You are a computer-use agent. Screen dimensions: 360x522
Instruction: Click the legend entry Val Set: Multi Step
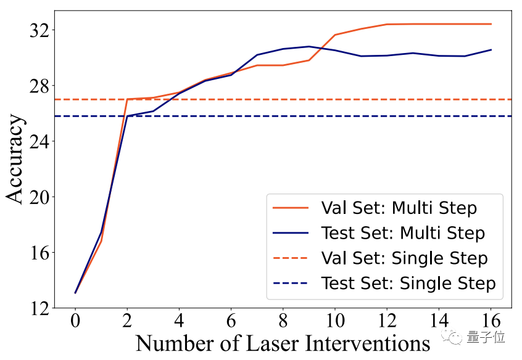point(399,208)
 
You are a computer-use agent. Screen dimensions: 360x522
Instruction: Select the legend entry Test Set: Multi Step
point(402,233)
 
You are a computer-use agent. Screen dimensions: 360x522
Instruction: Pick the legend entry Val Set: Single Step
point(404,258)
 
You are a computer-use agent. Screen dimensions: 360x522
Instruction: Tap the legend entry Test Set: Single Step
point(408,284)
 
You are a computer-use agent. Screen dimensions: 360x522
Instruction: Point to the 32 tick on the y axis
point(41,30)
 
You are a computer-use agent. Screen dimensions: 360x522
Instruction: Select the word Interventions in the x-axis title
point(365,343)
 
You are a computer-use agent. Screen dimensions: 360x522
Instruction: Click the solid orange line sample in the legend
point(290,208)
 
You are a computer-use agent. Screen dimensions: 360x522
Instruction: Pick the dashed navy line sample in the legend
point(290,284)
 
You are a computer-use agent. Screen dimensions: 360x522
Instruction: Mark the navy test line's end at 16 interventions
point(491,50)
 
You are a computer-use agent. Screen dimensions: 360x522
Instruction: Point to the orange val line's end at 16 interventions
point(491,24)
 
